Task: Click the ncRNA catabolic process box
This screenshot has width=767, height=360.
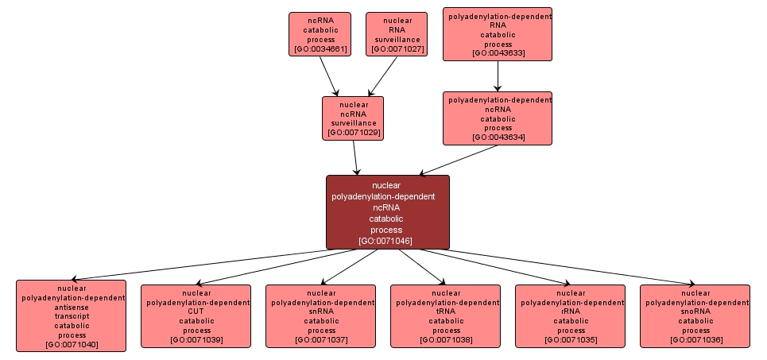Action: click(320, 34)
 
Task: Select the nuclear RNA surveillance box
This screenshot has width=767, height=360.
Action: click(397, 34)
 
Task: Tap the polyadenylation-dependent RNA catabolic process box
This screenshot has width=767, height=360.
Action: click(498, 34)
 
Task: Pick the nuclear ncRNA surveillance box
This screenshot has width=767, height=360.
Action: click(353, 118)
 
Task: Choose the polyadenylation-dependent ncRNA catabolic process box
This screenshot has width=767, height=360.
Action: click(498, 118)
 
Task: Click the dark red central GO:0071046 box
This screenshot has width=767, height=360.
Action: click(387, 212)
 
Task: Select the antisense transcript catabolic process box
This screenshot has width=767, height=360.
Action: click(71, 315)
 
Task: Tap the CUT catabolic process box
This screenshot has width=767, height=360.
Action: click(196, 316)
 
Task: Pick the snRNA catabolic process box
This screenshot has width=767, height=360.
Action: click(320, 316)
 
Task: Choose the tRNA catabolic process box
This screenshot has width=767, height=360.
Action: click(445, 316)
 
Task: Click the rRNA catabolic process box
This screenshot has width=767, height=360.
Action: click(570, 316)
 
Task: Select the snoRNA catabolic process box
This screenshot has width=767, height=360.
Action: click(695, 316)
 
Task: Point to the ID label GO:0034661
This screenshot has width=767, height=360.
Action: click(320, 49)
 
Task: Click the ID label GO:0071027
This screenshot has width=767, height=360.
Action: click(397, 49)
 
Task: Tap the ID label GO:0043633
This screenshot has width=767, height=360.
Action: click(498, 53)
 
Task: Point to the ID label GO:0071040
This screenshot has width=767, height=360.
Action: click(71, 344)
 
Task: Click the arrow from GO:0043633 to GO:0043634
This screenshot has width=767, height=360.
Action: click(498, 75)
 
